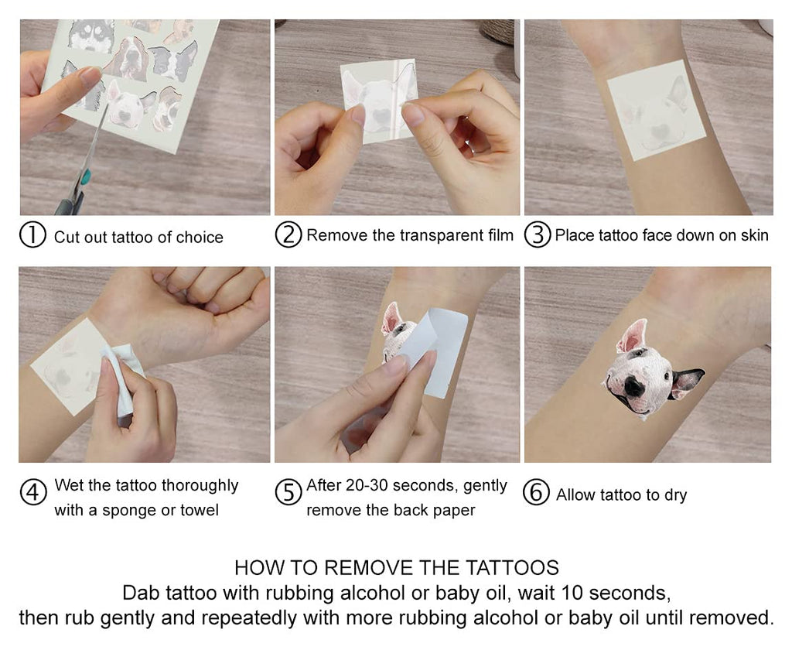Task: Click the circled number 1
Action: click(x=32, y=235)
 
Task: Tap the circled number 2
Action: click(x=288, y=235)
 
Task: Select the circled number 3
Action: click(x=538, y=235)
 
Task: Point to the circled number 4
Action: click(x=32, y=491)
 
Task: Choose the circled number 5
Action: click(x=288, y=491)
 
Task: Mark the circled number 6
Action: click(x=536, y=491)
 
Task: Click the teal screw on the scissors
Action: click(x=86, y=177)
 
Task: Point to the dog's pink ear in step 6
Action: click(x=631, y=337)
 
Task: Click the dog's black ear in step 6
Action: click(x=686, y=382)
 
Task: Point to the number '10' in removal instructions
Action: click(x=572, y=593)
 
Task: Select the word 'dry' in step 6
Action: click(x=675, y=495)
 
